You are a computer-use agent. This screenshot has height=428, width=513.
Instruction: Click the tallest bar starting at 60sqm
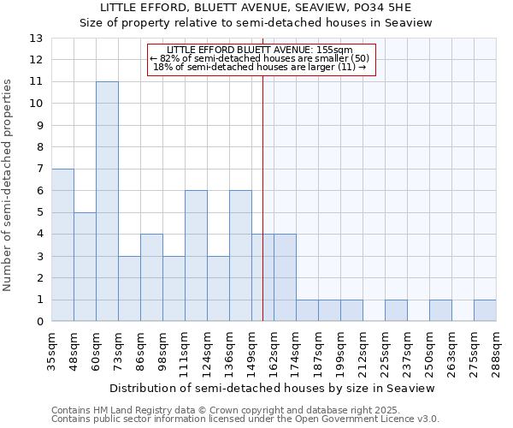tap(107, 201)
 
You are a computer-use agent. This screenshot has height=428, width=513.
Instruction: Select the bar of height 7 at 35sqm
tap(62, 245)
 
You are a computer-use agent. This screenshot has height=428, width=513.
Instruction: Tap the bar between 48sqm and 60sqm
tap(85, 267)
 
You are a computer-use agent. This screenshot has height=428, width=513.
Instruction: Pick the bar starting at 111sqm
tap(196, 256)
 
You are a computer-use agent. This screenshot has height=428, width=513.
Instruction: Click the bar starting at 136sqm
tap(240, 256)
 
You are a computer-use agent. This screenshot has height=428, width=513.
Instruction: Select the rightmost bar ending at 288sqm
tap(485, 311)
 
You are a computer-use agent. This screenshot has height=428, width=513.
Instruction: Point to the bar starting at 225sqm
tap(396, 311)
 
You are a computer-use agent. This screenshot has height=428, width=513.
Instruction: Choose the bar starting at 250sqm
tap(440, 311)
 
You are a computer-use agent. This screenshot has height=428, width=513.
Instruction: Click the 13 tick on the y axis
tap(36, 39)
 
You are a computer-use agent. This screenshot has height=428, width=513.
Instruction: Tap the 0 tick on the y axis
tap(39, 322)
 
